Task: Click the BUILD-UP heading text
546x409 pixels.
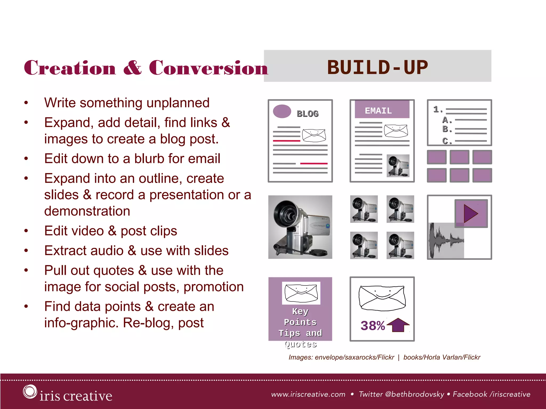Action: pos(377,67)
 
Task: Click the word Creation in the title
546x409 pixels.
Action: pos(70,68)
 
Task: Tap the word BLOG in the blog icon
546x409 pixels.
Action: pos(307,114)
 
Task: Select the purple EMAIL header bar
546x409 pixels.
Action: pos(382,109)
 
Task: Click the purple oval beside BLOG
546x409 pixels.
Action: pos(282,111)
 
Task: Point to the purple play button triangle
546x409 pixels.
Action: pos(471,213)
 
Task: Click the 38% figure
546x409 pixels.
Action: pos(372,326)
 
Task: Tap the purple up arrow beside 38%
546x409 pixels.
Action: pos(398,325)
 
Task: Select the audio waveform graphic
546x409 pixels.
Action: pos(446,240)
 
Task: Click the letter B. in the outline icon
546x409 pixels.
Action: pos(447,129)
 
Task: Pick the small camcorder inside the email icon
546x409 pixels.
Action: pos(398,166)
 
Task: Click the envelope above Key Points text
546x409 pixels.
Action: pos(301,293)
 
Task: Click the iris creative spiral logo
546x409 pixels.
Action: pos(30,392)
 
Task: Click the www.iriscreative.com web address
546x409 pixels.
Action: pos(308,394)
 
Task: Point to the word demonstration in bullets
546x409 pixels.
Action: pos(87,211)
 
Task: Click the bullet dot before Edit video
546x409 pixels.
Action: pos(26,231)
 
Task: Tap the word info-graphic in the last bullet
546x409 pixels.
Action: pos(81,323)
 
